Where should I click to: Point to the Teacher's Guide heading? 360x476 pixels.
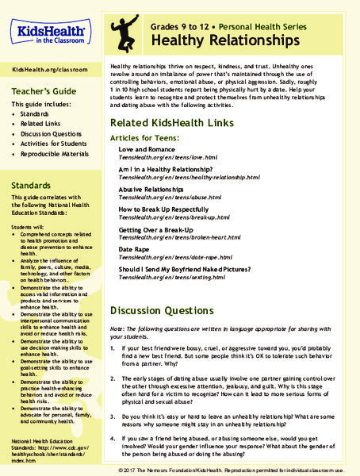coord(44,92)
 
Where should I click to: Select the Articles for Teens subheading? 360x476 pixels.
coord(152,138)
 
